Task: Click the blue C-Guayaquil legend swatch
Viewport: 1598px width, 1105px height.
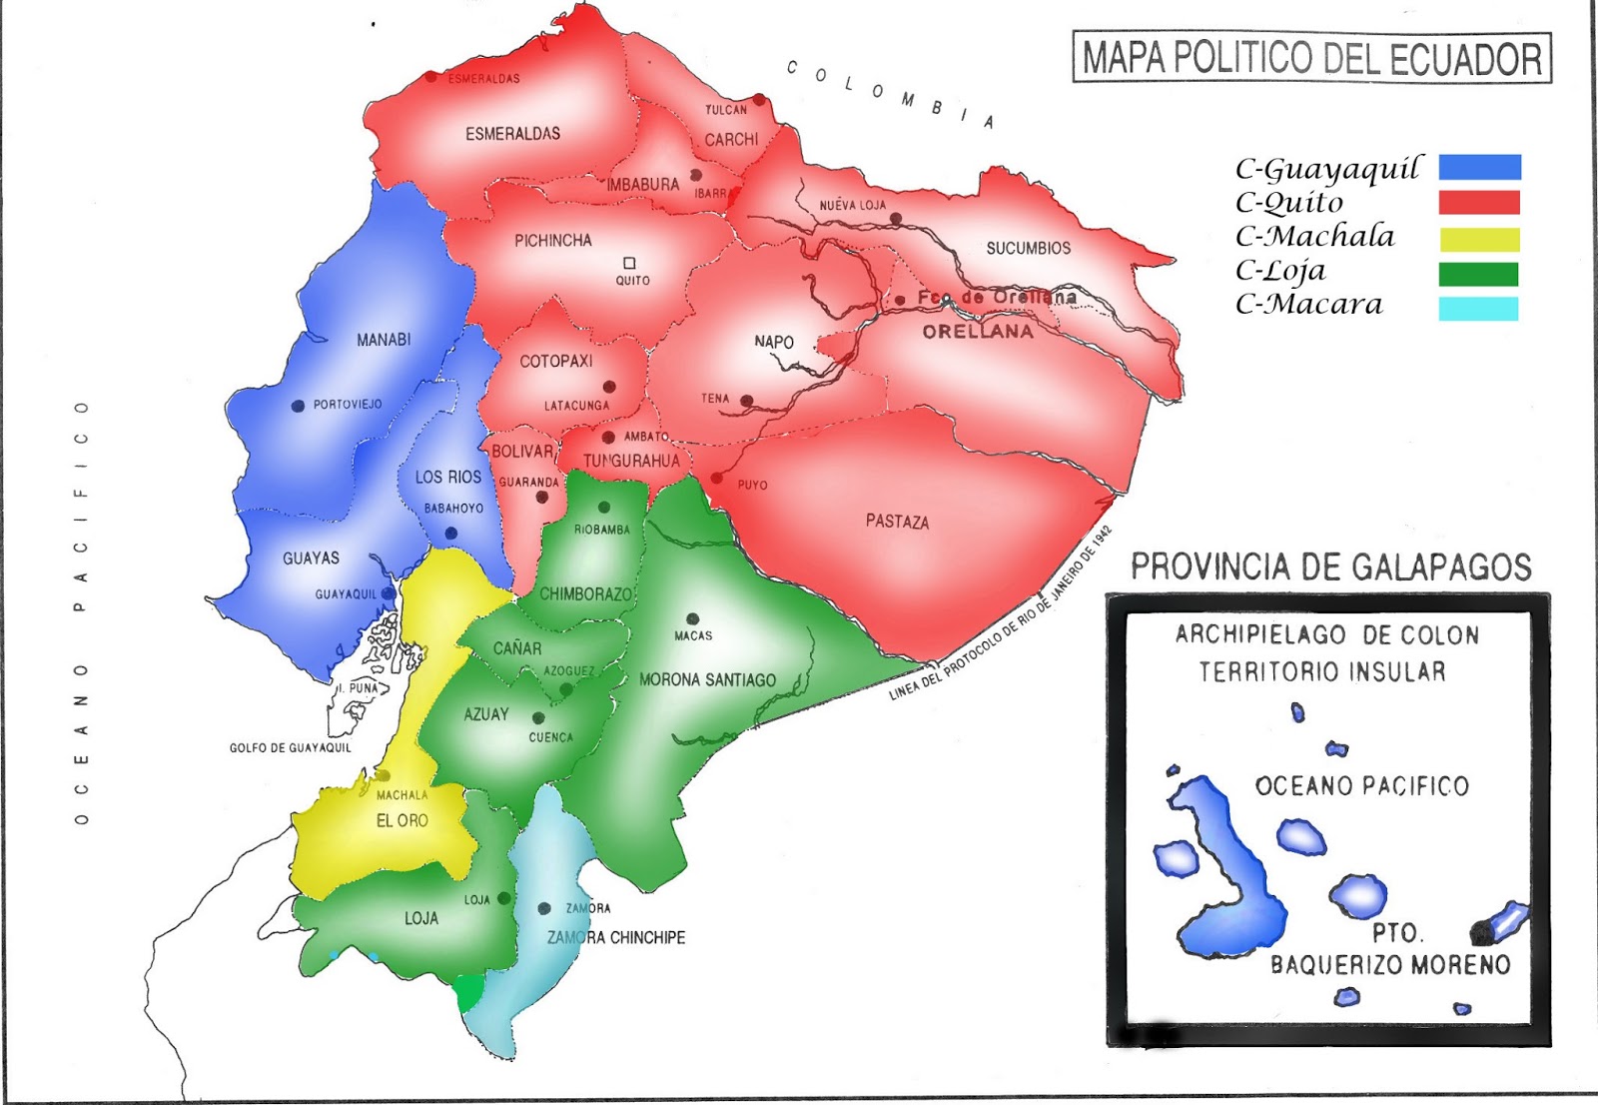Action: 1479,167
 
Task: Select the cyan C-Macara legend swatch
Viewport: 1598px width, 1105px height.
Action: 1478,309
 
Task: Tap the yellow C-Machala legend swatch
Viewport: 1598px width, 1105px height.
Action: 1478,240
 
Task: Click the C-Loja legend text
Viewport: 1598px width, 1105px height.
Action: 1280,271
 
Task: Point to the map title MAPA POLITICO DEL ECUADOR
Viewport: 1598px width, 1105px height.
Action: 1311,58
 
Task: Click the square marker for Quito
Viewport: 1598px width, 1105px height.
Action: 629,264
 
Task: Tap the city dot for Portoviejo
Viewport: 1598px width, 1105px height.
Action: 298,406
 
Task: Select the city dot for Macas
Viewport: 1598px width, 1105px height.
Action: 692,619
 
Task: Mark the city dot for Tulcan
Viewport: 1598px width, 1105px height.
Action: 759,100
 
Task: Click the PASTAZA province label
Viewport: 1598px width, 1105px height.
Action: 897,522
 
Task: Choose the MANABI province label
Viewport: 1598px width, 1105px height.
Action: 384,340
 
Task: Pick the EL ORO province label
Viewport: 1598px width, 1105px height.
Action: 401,820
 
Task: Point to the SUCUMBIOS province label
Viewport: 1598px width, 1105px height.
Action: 1028,248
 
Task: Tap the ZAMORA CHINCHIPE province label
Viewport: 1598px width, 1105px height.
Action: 615,937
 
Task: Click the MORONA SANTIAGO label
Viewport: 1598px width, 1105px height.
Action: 707,679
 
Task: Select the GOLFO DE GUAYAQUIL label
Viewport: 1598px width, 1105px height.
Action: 290,747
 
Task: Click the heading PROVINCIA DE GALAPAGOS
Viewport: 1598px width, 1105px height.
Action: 1330,567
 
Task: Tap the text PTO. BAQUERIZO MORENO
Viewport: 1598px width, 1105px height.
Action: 1390,950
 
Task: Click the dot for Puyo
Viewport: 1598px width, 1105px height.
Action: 716,479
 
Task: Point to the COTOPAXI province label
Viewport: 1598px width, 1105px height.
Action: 556,361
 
